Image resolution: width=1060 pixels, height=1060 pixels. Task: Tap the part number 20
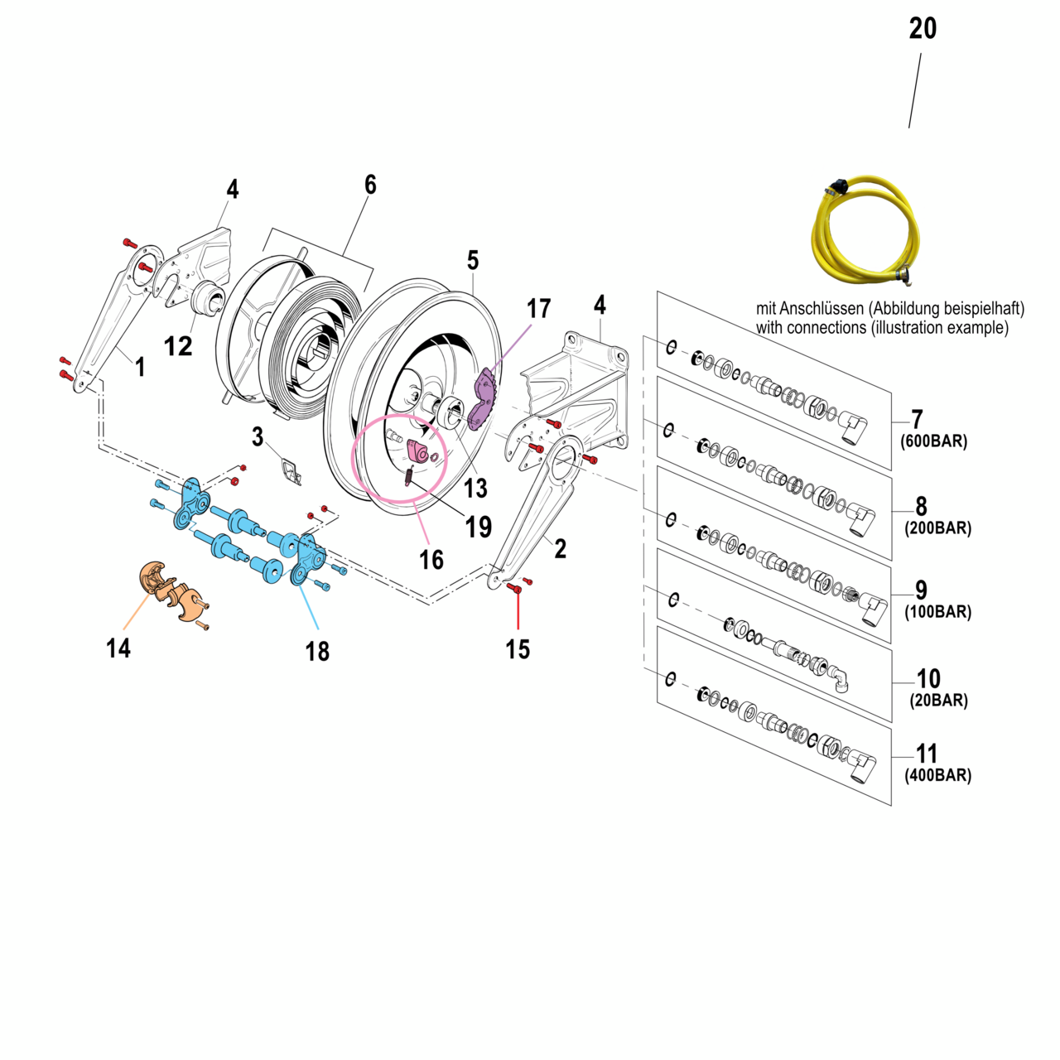[923, 29]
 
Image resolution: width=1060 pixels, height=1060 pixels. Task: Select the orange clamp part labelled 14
[172, 590]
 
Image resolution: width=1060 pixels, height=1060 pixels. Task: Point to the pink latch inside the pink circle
[418, 452]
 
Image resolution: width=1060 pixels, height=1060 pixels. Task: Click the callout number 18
[317, 652]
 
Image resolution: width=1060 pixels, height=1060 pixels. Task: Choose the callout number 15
[518, 649]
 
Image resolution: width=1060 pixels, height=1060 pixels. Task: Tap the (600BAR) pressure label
[933, 441]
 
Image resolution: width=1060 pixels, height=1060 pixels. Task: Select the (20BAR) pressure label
[938, 701]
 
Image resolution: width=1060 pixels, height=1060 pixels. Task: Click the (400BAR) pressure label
[937, 776]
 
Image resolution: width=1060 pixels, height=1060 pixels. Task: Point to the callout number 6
[370, 185]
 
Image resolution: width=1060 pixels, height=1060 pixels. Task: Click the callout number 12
[178, 345]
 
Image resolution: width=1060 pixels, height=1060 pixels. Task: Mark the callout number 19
[479, 527]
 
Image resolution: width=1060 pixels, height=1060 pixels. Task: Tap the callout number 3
[258, 436]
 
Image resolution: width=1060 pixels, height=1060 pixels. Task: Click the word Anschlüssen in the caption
[824, 309]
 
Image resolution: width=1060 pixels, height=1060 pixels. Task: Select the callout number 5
[473, 260]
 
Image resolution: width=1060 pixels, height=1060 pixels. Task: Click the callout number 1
[140, 367]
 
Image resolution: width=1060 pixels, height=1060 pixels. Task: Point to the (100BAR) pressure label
[937, 612]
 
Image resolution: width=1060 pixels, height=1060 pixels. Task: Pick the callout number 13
[475, 488]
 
